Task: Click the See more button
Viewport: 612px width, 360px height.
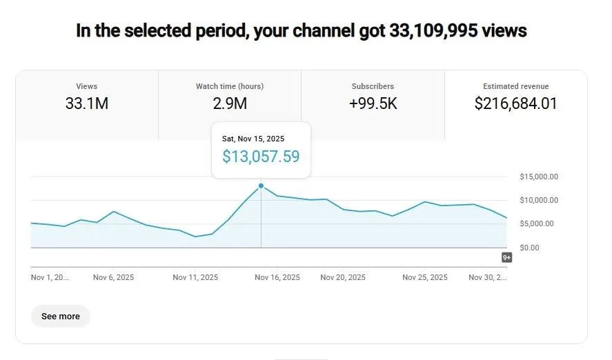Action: click(x=61, y=317)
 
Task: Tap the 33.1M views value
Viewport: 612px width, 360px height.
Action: click(x=87, y=104)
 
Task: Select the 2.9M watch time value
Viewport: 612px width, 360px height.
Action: click(x=230, y=104)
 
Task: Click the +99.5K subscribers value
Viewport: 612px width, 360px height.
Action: click(x=373, y=104)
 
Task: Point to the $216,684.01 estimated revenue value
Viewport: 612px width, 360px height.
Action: click(x=515, y=104)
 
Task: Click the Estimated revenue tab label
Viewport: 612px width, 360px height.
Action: click(x=515, y=87)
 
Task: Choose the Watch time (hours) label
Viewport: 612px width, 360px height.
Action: click(x=230, y=87)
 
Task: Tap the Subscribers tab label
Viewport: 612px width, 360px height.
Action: click(x=373, y=87)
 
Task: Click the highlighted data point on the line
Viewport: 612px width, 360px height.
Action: click(x=261, y=186)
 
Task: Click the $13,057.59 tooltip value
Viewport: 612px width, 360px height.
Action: click(x=261, y=157)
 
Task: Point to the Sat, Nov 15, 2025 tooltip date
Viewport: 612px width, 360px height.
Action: click(x=253, y=139)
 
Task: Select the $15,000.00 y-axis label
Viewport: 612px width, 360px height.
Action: click(x=539, y=177)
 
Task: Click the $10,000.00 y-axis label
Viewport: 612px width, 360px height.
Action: click(x=539, y=201)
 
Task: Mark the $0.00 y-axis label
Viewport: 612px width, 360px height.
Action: click(x=530, y=248)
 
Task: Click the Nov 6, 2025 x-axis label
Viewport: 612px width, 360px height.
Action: click(x=114, y=278)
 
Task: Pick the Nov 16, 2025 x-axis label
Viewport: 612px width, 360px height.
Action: click(x=277, y=278)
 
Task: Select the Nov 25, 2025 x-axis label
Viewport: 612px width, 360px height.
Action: click(x=425, y=278)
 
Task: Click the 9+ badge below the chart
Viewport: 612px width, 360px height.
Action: click(x=506, y=258)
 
